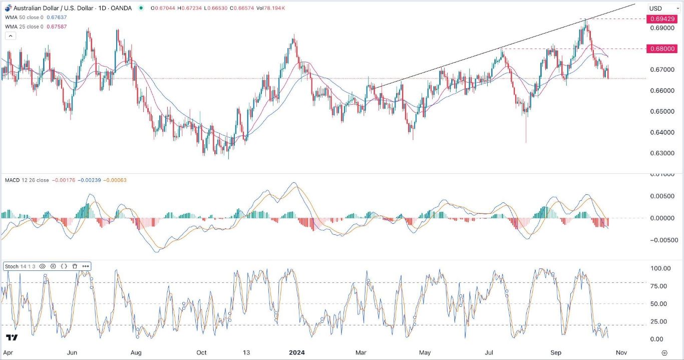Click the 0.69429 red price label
(x=662, y=19)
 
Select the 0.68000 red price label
(x=662, y=49)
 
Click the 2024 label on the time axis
(x=297, y=352)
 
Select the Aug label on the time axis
(x=136, y=352)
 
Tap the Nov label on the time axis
(x=621, y=352)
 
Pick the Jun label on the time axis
(x=72, y=352)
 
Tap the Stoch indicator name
(x=11, y=266)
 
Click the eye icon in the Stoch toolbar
(x=42, y=266)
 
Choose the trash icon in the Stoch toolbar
(x=75, y=266)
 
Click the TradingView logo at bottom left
(x=12, y=337)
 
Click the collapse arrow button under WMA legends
(x=11, y=36)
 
